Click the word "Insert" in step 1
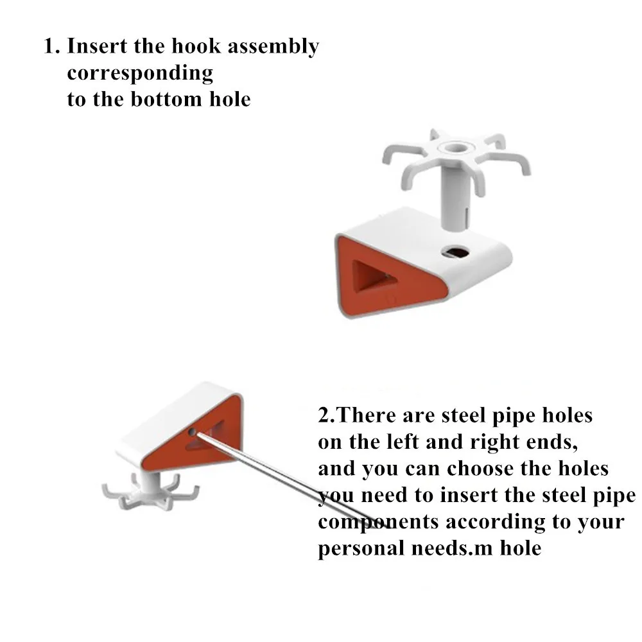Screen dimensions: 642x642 click(x=97, y=46)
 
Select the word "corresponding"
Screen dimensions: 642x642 click(x=140, y=74)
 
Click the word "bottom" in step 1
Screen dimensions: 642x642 click(x=166, y=99)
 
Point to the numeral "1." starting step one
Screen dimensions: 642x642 click(x=51, y=46)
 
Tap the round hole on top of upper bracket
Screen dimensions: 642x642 click(x=457, y=252)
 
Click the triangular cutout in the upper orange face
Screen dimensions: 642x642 click(x=372, y=276)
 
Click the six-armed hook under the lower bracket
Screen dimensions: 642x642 click(x=150, y=490)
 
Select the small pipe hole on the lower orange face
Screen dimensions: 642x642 click(x=191, y=431)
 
